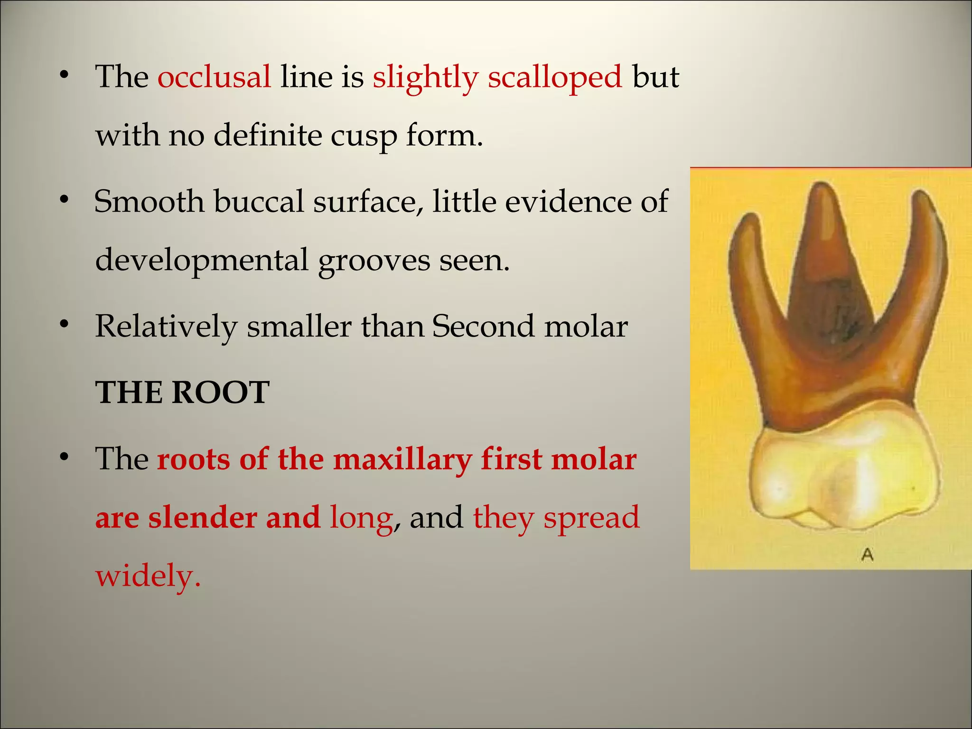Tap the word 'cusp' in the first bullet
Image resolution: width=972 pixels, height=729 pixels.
(x=364, y=136)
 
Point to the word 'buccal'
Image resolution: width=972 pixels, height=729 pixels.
(x=259, y=201)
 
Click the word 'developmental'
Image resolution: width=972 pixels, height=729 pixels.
(x=202, y=261)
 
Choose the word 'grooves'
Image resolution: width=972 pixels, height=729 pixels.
(x=373, y=261)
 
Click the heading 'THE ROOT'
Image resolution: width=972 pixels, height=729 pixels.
(x=182, y=393)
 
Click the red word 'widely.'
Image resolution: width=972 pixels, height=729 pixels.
(x=148, y=576)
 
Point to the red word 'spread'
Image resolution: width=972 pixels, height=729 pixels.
(x=591, y=517)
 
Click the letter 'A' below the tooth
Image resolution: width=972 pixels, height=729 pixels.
(x=867, y=554)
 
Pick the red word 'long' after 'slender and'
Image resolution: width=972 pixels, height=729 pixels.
(x=361, y=517)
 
